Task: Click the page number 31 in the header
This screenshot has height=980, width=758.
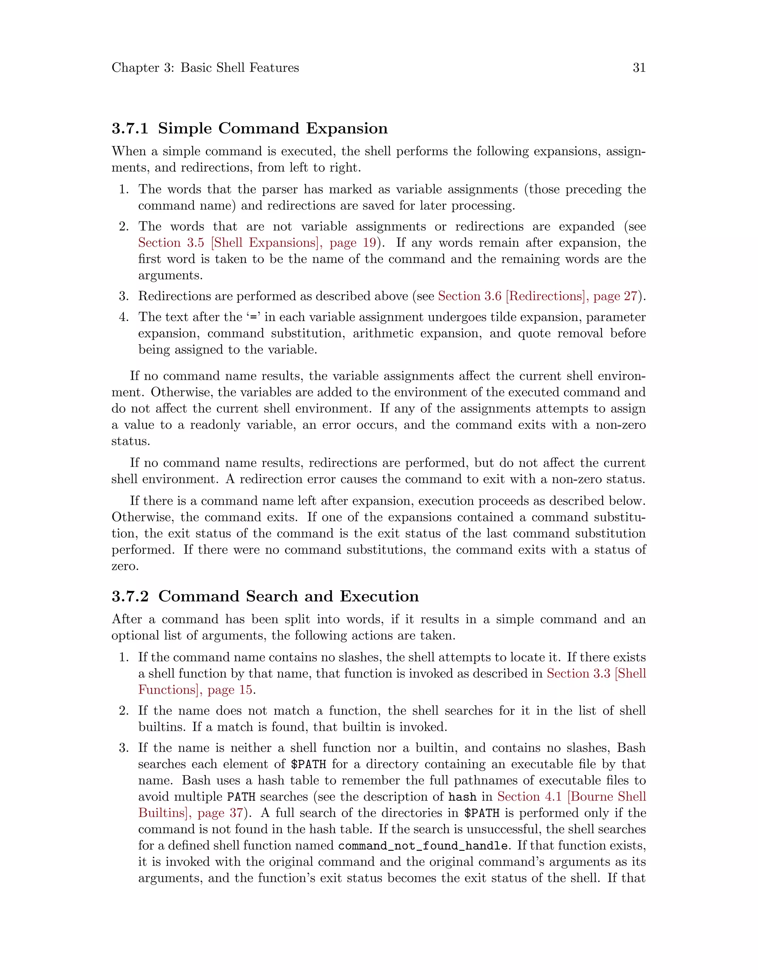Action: [x=638, y=68]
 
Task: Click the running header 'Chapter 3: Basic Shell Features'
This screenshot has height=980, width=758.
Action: [x=205, y=68]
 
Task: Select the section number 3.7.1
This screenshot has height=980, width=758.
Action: [x=130, y=128]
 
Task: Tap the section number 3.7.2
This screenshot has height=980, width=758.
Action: [x=130, y=597]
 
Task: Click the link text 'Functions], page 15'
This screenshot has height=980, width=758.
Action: [x=195, y=690]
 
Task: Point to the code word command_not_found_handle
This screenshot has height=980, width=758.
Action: [x=423, y=846]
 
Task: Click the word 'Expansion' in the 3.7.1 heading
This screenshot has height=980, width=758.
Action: [x=347, y=128]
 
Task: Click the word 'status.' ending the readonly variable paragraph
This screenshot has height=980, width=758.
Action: [x=131, y=442]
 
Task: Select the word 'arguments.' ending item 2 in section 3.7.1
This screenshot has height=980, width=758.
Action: [x=170, y=276]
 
